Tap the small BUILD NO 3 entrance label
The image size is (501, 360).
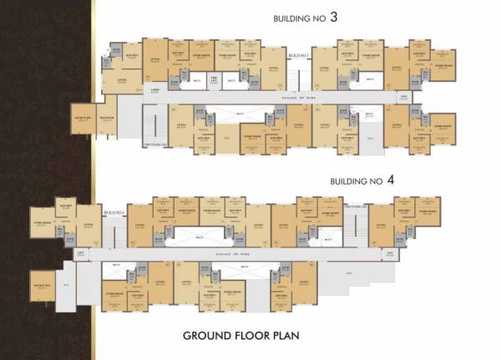point(298,56)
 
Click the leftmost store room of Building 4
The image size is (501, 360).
point(43,224)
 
